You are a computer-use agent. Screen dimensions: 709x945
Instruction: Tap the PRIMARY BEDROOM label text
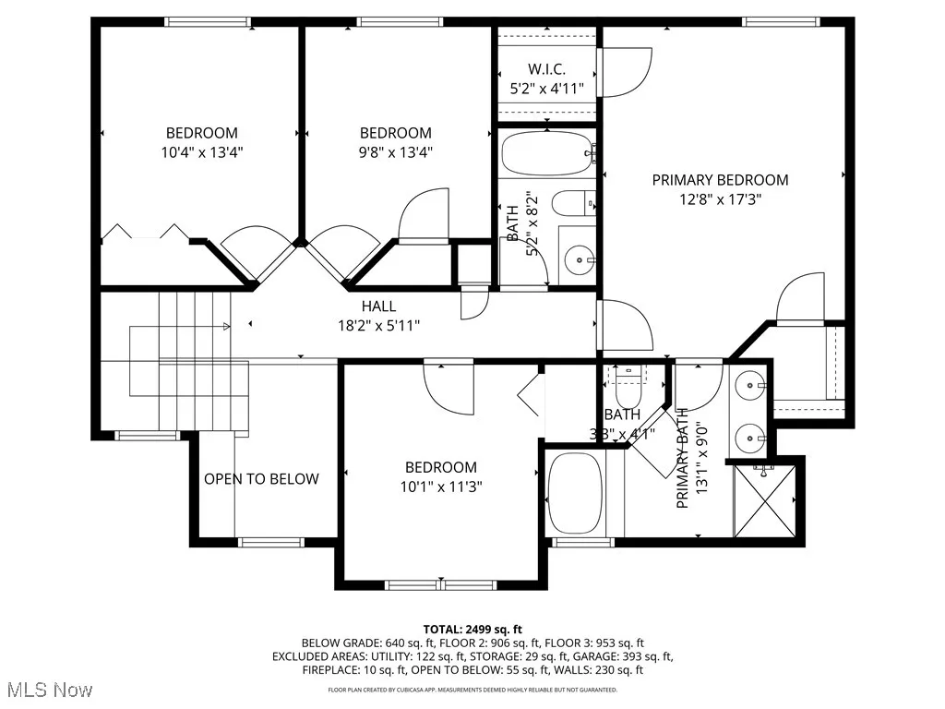720,180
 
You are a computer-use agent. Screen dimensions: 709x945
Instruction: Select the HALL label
378,306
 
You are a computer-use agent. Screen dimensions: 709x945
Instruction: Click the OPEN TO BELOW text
261,478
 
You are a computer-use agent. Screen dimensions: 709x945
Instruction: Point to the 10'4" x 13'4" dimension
201,151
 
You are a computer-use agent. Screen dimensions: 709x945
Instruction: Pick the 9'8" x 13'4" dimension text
395,151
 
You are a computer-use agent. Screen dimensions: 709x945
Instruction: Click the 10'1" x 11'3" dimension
440,486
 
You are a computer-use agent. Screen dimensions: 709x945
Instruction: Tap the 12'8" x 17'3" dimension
720,198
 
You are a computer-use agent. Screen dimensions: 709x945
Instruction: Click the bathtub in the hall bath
545,152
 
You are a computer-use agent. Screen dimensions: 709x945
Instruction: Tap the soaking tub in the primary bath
574,493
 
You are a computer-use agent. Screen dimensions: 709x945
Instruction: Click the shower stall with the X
764,500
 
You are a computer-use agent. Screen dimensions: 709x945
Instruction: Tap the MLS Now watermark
48,690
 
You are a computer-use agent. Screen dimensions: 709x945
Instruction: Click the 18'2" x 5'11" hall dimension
378,325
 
